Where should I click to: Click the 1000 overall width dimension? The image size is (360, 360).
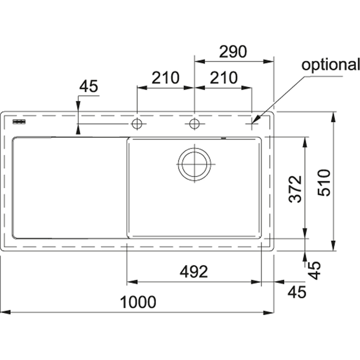138,302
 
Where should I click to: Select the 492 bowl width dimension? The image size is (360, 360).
194,272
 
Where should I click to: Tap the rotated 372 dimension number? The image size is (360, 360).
296,189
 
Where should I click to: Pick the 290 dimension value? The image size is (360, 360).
234,52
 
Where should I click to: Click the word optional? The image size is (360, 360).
330,65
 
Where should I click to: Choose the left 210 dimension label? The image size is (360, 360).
165,78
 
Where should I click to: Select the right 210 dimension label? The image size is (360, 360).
224,78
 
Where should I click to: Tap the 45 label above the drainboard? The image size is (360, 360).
89,87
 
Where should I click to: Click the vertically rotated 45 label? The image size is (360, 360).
315,270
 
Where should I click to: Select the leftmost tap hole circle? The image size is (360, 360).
137,124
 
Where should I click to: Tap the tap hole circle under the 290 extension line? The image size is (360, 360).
194,124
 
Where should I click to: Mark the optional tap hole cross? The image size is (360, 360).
252,124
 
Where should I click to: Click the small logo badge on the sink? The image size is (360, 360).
19,122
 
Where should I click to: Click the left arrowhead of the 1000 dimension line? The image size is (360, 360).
4,312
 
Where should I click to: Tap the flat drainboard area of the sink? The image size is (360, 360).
68,187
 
